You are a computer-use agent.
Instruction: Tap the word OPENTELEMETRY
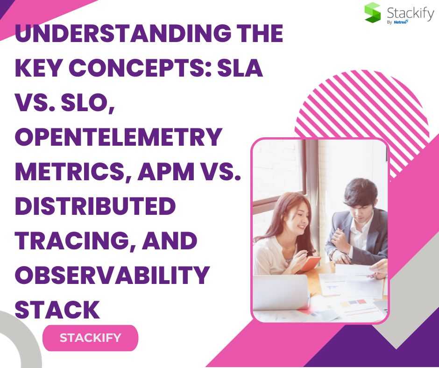(x=119, y=137)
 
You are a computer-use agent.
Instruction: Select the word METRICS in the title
(x=70, y=171)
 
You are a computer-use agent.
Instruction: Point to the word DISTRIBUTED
(x=95, y=206)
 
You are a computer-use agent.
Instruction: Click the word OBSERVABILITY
(x=112, y=275)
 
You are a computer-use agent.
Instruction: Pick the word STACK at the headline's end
(x=57, y=310)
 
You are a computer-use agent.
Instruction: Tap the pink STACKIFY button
(x=91, y=338)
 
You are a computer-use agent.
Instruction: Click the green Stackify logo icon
(x=372, y=13)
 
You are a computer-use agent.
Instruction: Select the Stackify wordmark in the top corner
(x=410, y=13)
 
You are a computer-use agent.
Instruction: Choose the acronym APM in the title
(x=166, y=171)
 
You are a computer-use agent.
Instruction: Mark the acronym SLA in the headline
(x=240, y=68)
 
